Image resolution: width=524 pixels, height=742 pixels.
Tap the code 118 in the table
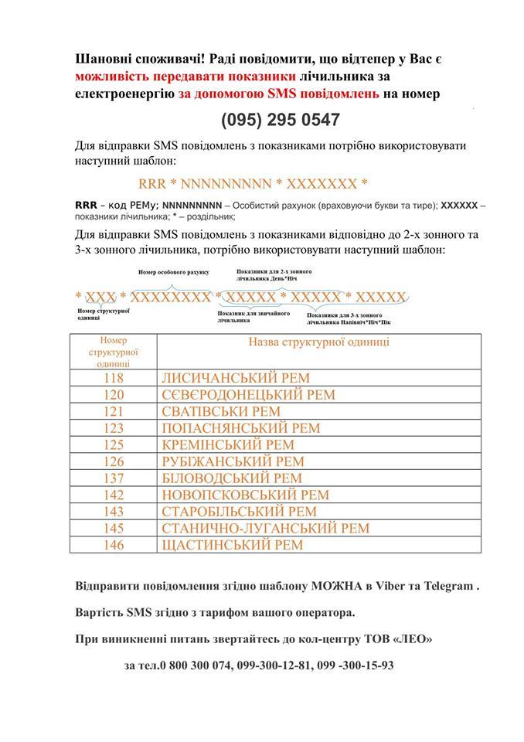113,378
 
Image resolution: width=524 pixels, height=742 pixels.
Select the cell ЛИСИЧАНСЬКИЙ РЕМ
235,378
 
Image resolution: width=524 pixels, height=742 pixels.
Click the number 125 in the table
113,444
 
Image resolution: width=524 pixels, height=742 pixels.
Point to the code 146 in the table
113,545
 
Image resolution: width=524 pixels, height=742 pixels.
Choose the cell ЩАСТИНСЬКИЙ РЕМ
232,545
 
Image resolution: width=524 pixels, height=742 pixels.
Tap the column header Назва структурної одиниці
318,342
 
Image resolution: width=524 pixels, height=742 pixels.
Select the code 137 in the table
113,478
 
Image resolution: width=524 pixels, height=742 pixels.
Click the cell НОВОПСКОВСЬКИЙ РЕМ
244,495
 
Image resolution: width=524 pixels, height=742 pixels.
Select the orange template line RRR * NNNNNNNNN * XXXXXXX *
253,184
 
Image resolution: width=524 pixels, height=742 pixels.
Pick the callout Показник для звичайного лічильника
253,316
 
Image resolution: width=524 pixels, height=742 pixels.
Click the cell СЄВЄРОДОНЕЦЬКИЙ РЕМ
248,395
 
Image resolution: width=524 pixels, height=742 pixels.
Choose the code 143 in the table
113,512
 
